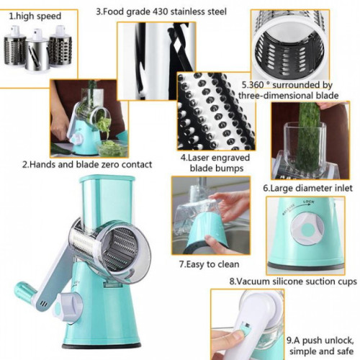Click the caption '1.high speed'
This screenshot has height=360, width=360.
[x=35, y=17]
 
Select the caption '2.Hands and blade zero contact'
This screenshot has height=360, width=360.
[x=87, y=165]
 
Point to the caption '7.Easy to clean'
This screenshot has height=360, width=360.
[x=210, y=264]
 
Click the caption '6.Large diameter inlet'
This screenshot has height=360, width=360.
[x=307, y=188]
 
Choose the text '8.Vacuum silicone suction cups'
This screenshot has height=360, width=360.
[x=293, y=282]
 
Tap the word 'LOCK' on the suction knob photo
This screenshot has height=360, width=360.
[x=308, y=202]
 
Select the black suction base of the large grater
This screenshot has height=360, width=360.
[x=102, y=346]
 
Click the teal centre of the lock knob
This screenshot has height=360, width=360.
[x=307, y=229]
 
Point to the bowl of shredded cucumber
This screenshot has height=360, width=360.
[x=112, y=148]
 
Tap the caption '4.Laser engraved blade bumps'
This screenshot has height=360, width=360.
[x=215, y=163]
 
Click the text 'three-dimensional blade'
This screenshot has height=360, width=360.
[x=288, y=96]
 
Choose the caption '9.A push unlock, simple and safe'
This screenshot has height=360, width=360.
[x=320, y=346]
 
